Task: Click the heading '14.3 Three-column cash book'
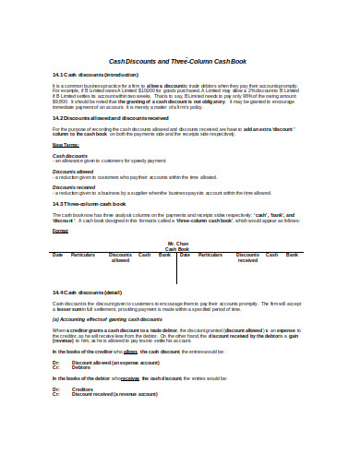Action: pos(89,202)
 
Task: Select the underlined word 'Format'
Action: pos(60,230)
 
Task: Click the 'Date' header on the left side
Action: pos(58,254)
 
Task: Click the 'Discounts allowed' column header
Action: pos(120,257)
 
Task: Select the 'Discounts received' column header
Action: pos(248,257)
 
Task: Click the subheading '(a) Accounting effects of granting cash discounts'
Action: pos(109,318)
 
